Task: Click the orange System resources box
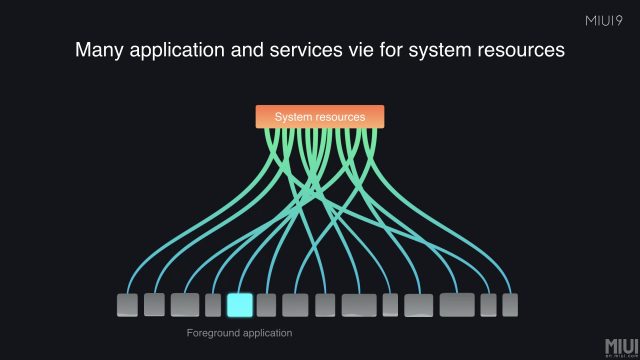click(x=320, y=117)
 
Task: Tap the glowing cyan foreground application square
click(x=240, y=305)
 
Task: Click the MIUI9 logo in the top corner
click(x=604, y=21)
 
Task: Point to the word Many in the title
click(x=99, y=51)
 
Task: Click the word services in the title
click(x=306, y=50)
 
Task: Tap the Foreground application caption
click(x=239, y=333)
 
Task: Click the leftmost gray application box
click(x=127, y=305)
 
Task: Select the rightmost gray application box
click(x=510, y=305)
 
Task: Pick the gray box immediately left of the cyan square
click(x=213, y=305)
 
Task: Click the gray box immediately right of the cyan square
click(x=266, y=305)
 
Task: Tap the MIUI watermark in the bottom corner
click(x=621, y=347)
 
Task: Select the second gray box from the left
click(x=154, y=304)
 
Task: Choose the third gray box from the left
click(x=185, y=305)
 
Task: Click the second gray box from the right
click(x=488, y=305)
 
